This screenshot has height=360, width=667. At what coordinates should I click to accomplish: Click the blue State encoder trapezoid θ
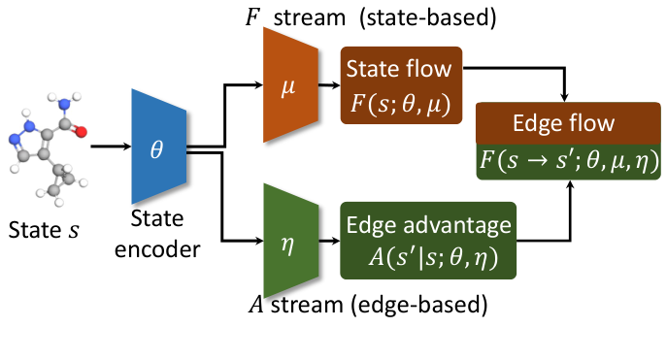point(161,147)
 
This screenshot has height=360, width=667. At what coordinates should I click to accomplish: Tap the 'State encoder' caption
point(161,238)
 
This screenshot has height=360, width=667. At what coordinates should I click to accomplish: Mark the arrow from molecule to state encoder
point(110,147)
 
